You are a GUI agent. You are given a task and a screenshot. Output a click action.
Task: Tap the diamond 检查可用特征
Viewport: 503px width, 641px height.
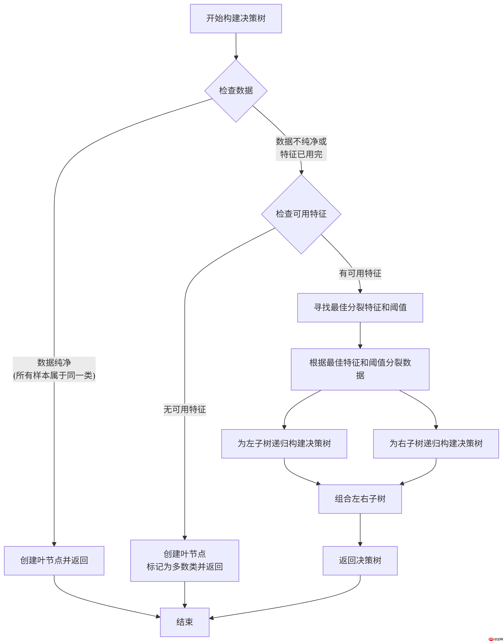[301, 214]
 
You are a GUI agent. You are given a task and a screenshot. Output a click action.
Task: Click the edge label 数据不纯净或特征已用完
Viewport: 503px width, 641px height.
[301, 148]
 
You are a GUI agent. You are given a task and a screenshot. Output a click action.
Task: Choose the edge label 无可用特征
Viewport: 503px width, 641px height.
[185, 409]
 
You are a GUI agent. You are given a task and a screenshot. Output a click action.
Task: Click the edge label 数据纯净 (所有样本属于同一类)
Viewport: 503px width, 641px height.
[54, 369]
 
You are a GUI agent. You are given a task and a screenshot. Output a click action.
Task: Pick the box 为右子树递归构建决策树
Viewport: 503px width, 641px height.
[436, 443]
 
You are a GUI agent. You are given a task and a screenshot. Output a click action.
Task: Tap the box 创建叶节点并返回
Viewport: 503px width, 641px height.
[54, 560]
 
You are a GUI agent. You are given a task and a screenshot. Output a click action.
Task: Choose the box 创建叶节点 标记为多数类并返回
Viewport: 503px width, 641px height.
[185, 560]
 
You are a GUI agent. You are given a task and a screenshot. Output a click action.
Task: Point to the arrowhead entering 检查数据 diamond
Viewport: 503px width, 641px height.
[236, 57]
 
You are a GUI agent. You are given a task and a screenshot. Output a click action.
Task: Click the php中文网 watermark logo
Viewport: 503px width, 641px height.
[495, 637]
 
